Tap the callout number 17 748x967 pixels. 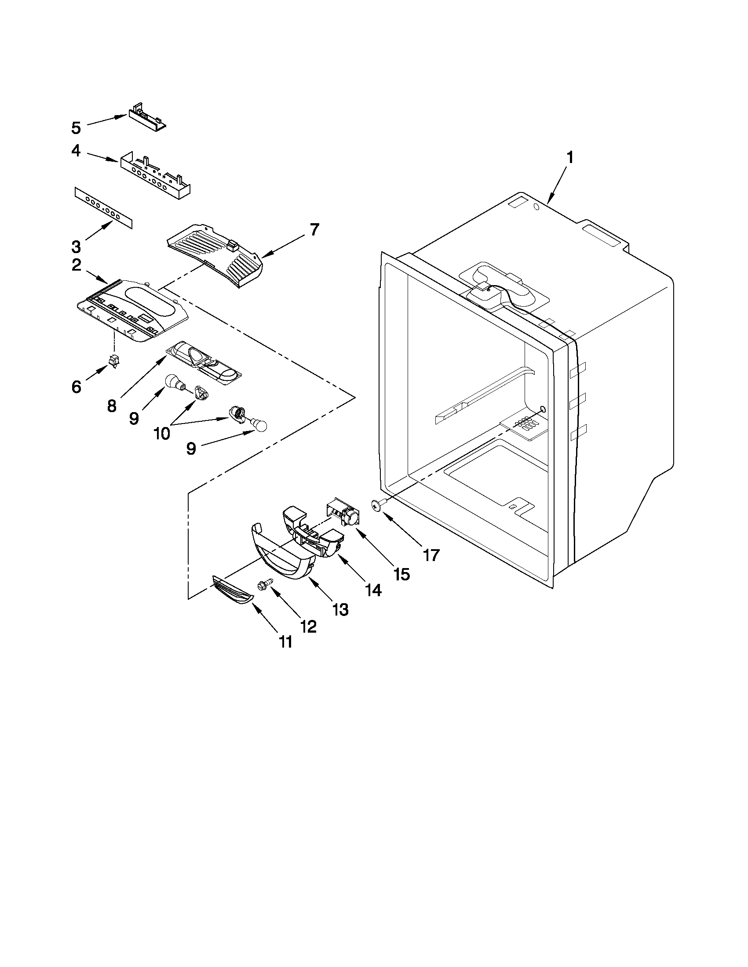click(x=431, y=554)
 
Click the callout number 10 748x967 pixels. click(x=161, y=434)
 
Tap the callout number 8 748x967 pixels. click(x=112, y=405)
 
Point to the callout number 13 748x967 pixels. click(x=340, y=609)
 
